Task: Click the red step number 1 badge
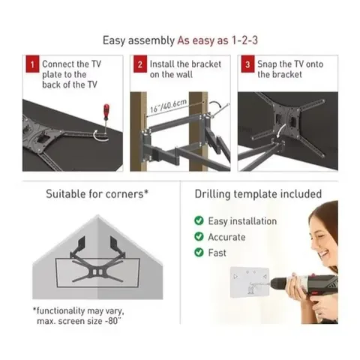point(31,65)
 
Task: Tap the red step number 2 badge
point(139,65)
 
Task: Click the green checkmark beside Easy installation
point(199,221)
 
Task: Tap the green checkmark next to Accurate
point(199,237)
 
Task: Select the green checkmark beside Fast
point(199,253)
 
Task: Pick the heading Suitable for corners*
point(97,194)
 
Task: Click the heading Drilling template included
point(259,194)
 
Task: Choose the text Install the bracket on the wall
point(179,70)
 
